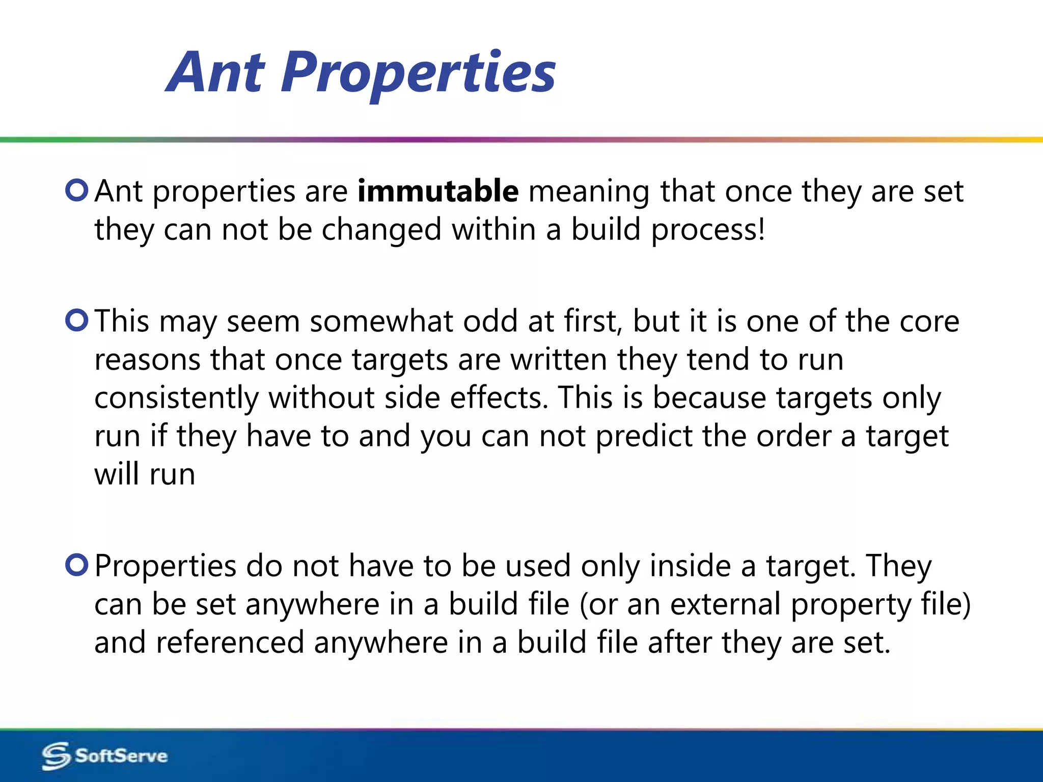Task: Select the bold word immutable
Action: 438,191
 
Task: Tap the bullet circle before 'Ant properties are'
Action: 77,190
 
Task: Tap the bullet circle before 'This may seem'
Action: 77,320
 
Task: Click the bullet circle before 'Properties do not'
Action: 77,565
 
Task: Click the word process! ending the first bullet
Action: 708,230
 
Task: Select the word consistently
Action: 176,398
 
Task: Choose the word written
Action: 558,360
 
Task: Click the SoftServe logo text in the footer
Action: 121,756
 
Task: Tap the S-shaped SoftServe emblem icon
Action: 56,756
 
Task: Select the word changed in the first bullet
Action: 381,230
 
